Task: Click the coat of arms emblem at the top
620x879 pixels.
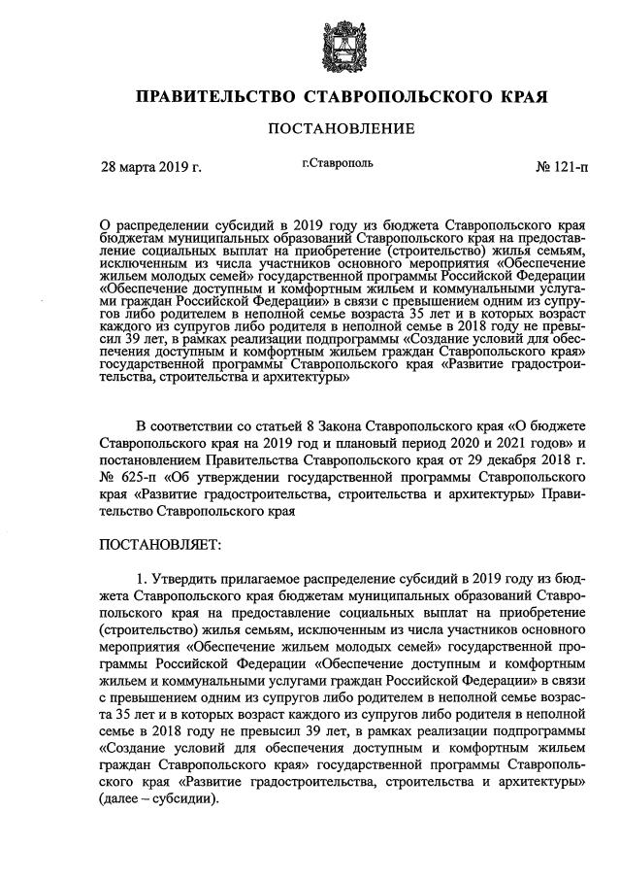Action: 310,40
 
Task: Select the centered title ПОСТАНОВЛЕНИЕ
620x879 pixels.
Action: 310,128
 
